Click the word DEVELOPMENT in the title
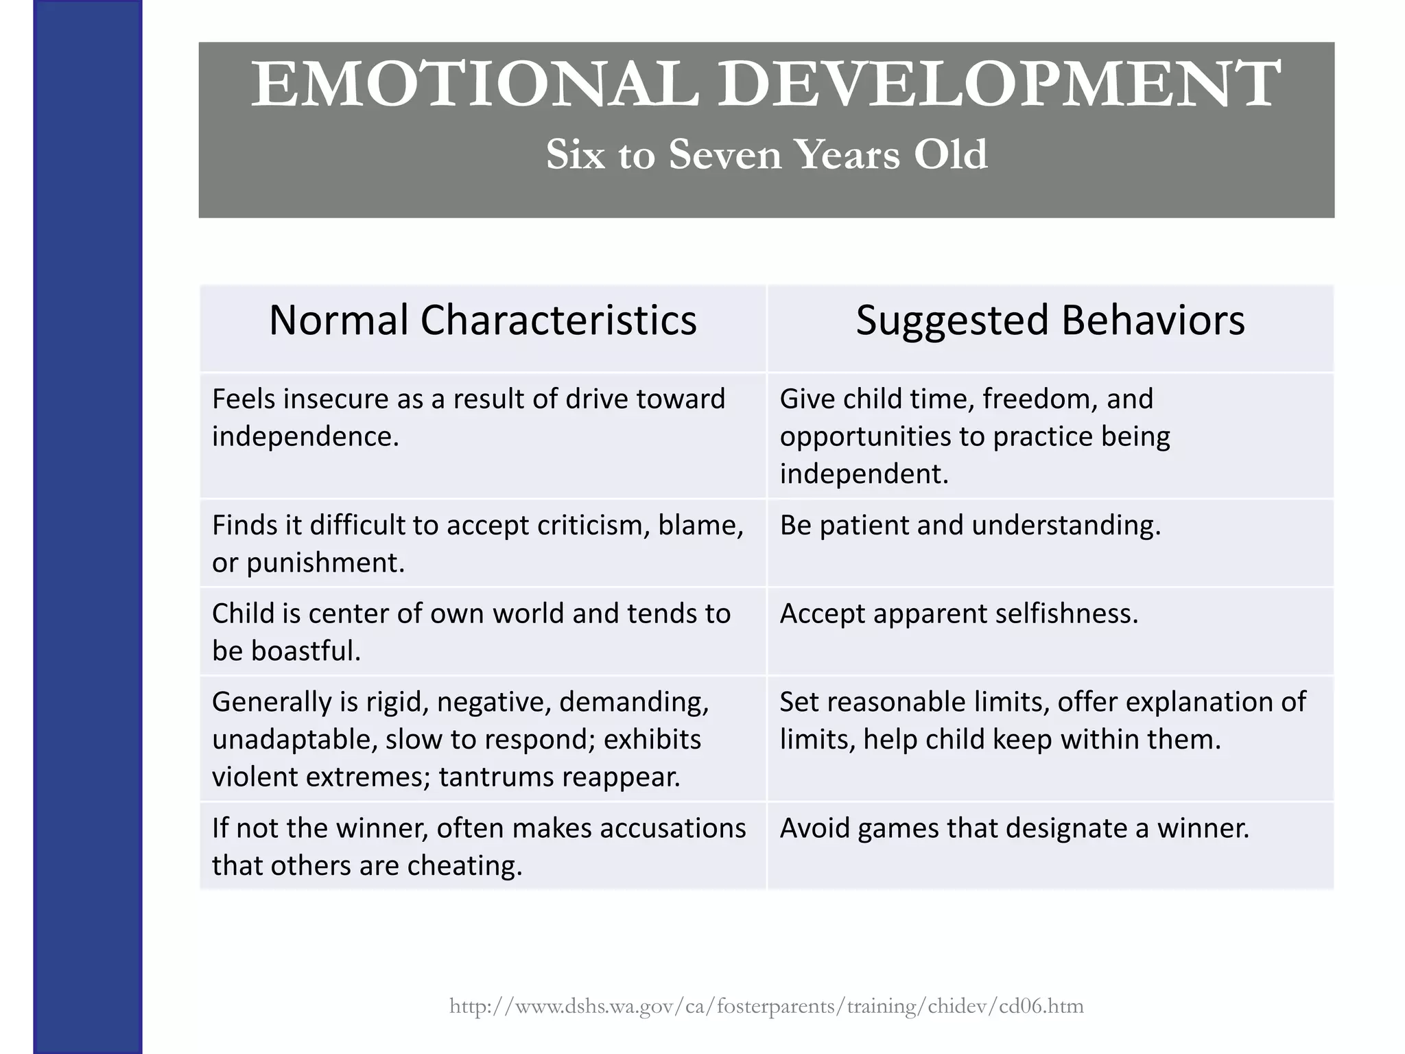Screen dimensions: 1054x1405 coord(998,85)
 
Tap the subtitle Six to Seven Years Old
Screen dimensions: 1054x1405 coord(766,154)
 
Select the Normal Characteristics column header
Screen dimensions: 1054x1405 coord(482,320)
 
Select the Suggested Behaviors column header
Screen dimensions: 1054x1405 coord(1050,320)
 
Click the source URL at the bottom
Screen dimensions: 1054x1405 coord(766,1007)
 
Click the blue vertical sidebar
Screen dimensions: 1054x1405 coord(87,527)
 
